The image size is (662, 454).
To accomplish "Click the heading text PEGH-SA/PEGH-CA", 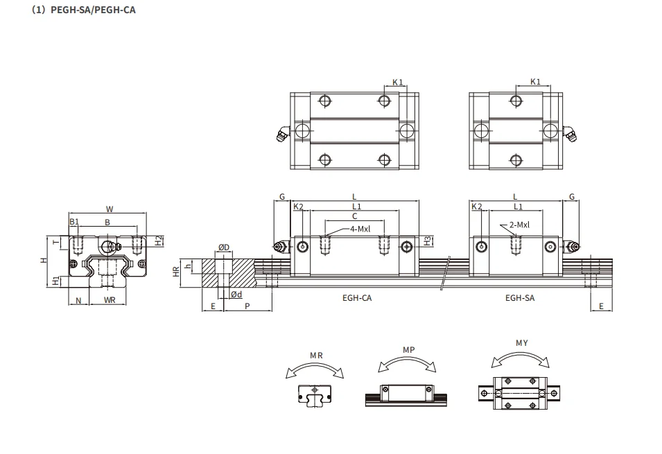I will pos(82,11).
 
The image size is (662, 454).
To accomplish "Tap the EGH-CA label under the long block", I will pos(356,297).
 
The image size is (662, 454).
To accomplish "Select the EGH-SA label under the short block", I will pos(519,297).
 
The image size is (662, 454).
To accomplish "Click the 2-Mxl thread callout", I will pos(519,225).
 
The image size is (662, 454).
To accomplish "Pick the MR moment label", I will pos(316,356).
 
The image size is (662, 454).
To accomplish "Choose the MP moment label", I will pos(408,350).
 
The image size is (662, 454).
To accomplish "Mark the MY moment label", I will pos(521,343).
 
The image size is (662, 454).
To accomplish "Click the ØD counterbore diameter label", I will pos(223,247).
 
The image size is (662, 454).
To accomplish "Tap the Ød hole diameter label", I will pos(236,295).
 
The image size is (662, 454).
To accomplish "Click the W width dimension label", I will pos(110,209).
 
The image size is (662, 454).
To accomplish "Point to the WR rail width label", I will pos(109,300).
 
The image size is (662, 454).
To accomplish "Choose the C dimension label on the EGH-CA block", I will pos(354,217).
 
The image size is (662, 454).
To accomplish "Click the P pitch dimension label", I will pos(247,306).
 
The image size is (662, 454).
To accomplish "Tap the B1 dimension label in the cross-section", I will pos(74,222).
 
